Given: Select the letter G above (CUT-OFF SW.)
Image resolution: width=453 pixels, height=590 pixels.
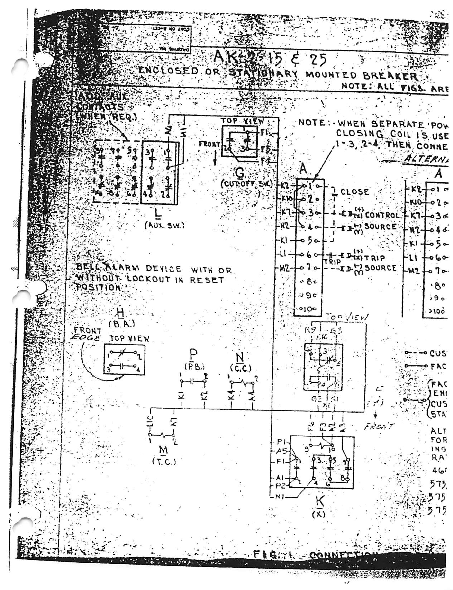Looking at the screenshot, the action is tap(238, 173).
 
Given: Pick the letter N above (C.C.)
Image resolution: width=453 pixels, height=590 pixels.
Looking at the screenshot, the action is tap(240, 358).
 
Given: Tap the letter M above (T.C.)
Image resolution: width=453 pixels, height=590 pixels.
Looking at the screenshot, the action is tap(163, 450).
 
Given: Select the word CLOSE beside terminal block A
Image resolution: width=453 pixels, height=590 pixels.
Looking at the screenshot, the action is tap(355, 192).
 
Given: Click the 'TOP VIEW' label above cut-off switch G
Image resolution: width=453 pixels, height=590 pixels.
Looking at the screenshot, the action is tap(242, 121).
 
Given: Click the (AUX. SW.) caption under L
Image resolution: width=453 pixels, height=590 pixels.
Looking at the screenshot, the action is tap(159, 225).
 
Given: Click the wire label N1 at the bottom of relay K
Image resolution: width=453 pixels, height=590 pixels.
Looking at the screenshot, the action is tap(282, 496).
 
